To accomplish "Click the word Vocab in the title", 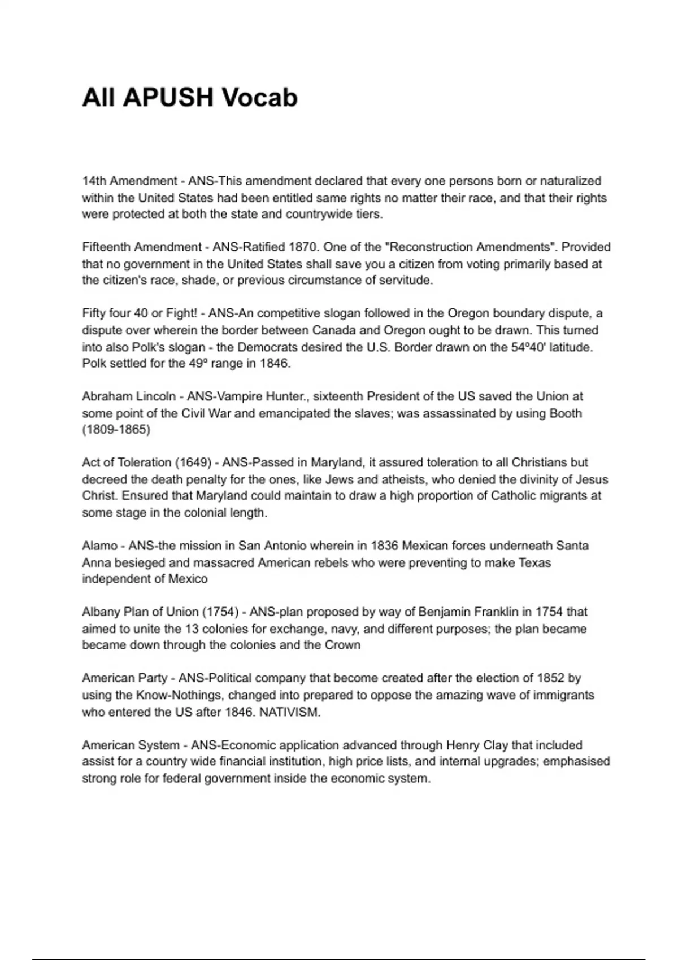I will coord(259,98).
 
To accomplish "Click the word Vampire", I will coord(240,396).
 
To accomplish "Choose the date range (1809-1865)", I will coord(116,430).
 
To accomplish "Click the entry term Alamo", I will coord(99,546).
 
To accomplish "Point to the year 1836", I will coord(384,546).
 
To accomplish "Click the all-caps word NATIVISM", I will coord(289,712).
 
